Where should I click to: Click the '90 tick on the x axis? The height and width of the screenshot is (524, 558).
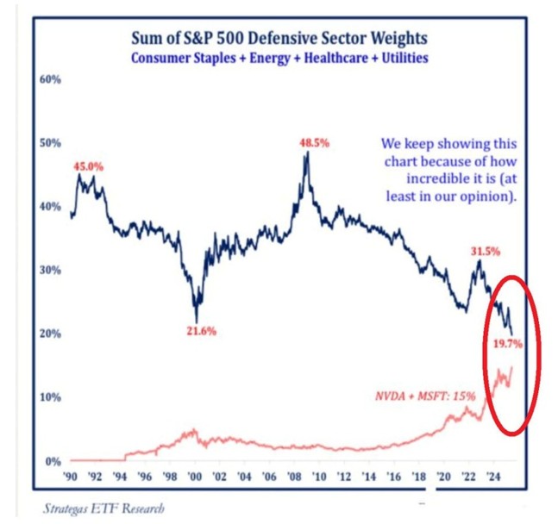click(72, 477)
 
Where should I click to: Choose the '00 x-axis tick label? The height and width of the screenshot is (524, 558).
click(196, 477)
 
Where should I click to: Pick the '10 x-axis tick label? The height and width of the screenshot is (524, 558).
click(322, 477)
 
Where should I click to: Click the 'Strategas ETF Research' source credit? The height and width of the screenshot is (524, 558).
click(103, 508)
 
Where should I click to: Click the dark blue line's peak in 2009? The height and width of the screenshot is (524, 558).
click(306, 153)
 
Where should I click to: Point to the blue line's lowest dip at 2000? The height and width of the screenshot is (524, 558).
click(197, 321)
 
